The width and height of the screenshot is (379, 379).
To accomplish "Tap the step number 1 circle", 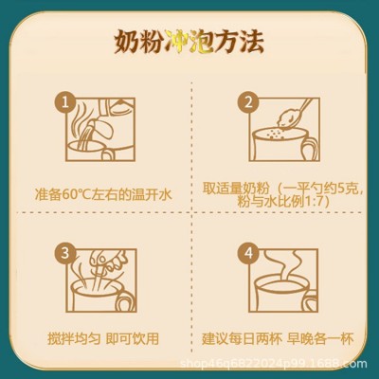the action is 65,102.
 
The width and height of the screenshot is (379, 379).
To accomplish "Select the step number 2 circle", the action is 248,102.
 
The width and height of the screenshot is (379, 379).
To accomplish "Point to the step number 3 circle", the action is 65,253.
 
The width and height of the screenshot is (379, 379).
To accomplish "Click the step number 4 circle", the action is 248,253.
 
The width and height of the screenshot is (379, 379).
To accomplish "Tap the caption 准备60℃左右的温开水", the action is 103,194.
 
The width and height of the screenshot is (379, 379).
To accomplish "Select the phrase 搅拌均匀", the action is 74,338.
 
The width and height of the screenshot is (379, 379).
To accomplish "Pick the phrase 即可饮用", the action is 133,338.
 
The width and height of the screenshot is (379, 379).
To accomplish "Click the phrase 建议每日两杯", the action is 242,338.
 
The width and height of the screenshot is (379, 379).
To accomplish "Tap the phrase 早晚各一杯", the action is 320,338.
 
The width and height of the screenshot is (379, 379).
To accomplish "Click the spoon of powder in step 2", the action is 289,116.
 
